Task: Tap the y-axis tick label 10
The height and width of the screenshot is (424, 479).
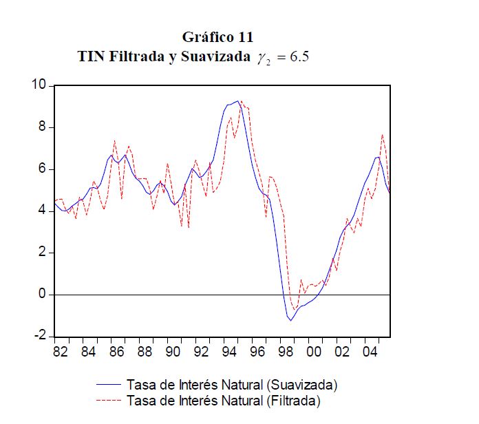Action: (x=38, y=85)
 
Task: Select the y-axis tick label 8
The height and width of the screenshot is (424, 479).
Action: (x=41, y=127)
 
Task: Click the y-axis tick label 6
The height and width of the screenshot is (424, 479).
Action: (x=41, y=169)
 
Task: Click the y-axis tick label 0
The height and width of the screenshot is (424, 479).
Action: (x=41, y=295)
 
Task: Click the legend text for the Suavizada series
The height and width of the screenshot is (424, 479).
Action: (x=231, y=384)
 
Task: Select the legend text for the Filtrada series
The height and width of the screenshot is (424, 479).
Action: (x=223, y=400)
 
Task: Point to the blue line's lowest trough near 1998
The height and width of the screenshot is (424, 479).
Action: (x=290, y=320)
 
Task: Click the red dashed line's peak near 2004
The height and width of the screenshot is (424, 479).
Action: (x=383, y=135)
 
